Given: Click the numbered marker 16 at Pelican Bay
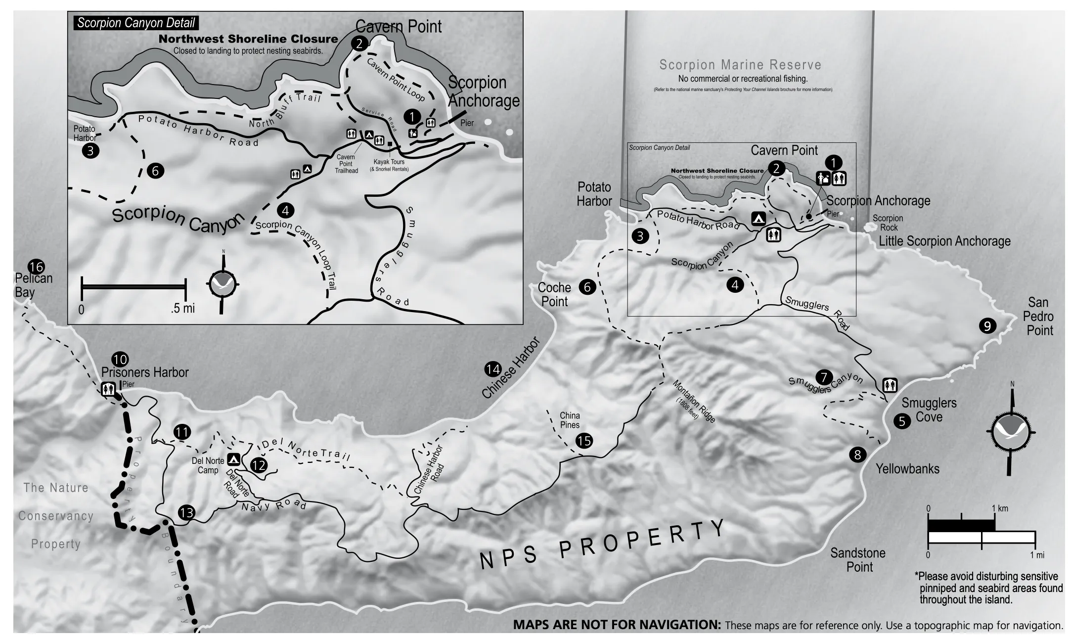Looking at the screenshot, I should click(x=36, y=268).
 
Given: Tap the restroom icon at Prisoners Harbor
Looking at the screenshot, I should click(x=108, y=389).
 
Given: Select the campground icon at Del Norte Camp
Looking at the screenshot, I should click(x=234, y=459).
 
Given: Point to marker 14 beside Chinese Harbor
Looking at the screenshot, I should click(x=492, y=369).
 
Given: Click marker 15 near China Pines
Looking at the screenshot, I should click(x=584, y=441).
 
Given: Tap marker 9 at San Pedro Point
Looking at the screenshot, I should click(x=987, y=326).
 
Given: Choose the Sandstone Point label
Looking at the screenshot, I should click(x=858, y=560).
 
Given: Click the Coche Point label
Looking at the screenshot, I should click(x=554, y=294).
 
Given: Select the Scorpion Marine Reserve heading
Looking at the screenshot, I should click(x=740, y=65).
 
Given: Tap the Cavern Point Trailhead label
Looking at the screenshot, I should click(x=346, y=164).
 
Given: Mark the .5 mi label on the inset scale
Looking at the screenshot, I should click(x=183, y=309).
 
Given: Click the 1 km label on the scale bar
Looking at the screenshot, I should click(x=1000, y=508).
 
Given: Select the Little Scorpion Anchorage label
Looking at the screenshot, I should click(x=944, y=241).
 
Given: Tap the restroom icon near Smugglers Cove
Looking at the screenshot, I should click(x=890, y=385).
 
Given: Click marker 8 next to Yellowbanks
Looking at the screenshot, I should click(x=857, y=454).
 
